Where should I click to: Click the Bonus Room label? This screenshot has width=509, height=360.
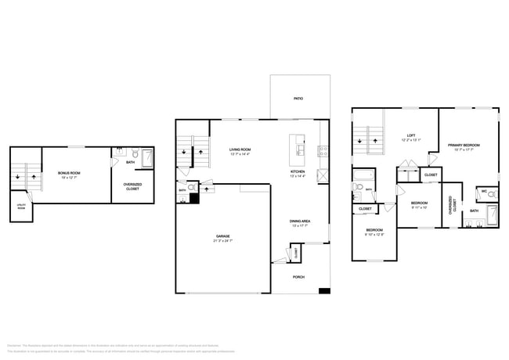pyautogui.click(x=70, y=173)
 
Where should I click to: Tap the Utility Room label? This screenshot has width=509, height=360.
pyautogui.click(x=20, y=207)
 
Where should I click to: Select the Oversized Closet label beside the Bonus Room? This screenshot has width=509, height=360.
pyautogui.click(x=132, y=187)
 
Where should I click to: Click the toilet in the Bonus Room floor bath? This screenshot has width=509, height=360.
pyautogui.click(x=135, y=155)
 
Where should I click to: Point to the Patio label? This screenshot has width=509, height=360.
pyautogui.click(x=298, y=99)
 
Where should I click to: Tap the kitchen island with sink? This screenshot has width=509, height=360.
pyautogui.click(x=298, y=146)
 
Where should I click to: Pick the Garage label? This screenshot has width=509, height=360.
pyautogui.click(x=222, y=239)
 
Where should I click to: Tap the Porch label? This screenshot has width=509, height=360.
pyautogui.click(x=298, y=277)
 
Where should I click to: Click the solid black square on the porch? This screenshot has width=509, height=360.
pyautogui.click(x=324, y=292)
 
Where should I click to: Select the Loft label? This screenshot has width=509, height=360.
pyautogui.click(x=411, y=138)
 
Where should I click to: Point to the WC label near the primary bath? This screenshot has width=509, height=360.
pyautogui.click(x=485, y=190)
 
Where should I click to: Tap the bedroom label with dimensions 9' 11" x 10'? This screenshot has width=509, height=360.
pyautogui.click(x=421, y=206)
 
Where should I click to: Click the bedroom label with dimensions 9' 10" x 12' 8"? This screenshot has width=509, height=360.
pyautogui.click(x=375, y=232)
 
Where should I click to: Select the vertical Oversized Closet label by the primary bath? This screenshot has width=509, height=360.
pyautogui.click(x=450, y=205)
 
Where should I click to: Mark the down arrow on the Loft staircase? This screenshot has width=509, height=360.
pyautogui.click(x=359, y=141)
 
